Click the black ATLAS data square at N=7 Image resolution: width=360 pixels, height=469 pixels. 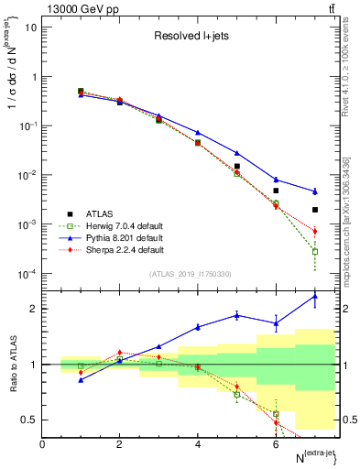pos(314,210)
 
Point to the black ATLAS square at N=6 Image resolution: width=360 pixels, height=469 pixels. pos(276,191)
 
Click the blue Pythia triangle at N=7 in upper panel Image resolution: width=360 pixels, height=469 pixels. pos(314,191)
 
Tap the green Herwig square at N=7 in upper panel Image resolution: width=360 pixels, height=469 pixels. pos(314,251)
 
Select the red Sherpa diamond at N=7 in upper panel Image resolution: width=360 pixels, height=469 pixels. pos(314,232)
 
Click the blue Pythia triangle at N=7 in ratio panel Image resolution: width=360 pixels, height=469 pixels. pos(314,296)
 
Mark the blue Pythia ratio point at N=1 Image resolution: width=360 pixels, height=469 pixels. pos(81,379)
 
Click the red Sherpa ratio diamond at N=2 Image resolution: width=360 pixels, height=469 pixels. pos(119,353)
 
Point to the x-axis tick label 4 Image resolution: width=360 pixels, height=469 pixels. pos(198,443)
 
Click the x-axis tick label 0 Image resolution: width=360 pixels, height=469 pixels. pos(42,443)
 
